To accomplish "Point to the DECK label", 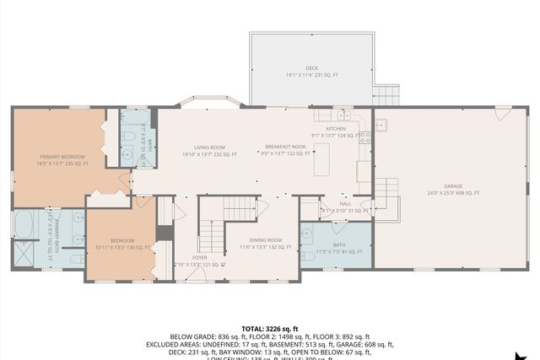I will (311, 68).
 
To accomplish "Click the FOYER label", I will (199, 258).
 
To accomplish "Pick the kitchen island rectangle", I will (321, 159).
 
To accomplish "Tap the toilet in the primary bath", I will (74, 257).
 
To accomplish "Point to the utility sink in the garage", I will (381, 126).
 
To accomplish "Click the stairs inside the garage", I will (386, 196).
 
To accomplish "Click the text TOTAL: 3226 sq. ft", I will (269, 327).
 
